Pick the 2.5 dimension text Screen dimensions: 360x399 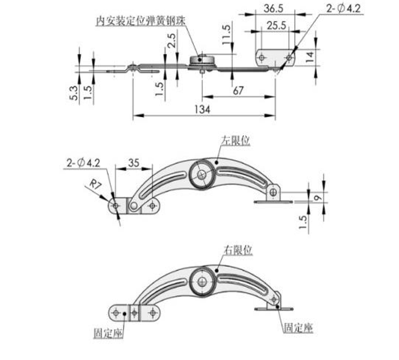pos(171,40)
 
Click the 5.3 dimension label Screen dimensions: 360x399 pos(72,93)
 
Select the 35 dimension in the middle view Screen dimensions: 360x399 pos(134,163)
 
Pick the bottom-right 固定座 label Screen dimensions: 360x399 pos(298,328)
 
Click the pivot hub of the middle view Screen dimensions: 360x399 pos(202,174)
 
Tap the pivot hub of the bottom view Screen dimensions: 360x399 pos(202,281)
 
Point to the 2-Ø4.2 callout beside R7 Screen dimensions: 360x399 pos(83,163)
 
